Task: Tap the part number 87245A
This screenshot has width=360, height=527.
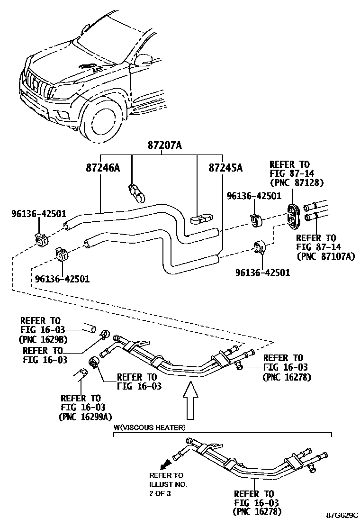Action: (x=225, y=168)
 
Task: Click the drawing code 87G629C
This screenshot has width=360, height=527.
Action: (x=341, y=515)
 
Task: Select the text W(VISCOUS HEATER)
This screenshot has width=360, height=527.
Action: (x=149, y=427)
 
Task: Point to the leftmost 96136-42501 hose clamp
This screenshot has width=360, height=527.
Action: (x=41, y=240)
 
